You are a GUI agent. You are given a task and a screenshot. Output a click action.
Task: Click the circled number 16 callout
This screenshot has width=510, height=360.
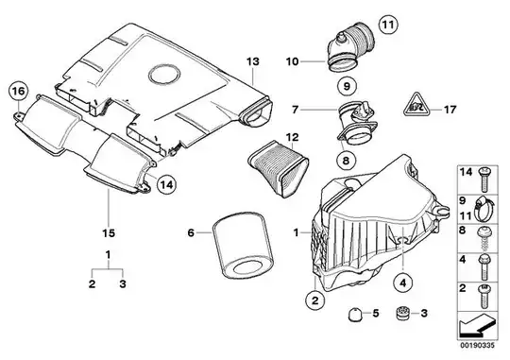tap(19, 92)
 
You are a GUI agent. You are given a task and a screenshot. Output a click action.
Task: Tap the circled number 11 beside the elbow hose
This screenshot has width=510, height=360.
tap(388, 25)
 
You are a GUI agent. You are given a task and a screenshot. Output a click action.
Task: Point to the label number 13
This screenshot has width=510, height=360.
tap(253, 61)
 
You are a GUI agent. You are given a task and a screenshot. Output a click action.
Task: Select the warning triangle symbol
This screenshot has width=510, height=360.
tap(416, 105)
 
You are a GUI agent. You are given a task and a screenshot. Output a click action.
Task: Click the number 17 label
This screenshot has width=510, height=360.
tap(450, 110)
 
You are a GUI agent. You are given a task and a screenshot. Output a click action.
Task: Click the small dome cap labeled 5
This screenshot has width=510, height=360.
tap(354, 314)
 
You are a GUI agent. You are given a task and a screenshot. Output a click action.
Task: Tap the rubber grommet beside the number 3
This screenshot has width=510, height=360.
tap(403, 314)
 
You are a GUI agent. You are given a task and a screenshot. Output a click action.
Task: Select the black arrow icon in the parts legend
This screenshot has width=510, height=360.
tap(478, 324)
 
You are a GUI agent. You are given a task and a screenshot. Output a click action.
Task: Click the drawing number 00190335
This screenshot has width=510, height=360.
tap(477, 345)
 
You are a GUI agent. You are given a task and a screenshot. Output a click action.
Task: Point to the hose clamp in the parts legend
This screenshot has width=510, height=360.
tap(484, 208)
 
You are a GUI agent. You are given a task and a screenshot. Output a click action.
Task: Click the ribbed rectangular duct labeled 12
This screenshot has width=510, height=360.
tap(278, 169)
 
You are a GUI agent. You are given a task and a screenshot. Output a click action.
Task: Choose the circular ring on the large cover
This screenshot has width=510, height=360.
tap(164, 75)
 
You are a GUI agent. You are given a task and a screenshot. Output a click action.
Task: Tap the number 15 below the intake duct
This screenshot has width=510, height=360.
tap(109, 233)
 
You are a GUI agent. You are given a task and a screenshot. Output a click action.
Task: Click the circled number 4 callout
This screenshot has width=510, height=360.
tap(403, 283)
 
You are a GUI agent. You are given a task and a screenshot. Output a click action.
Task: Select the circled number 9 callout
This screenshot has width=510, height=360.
tap(347, 86)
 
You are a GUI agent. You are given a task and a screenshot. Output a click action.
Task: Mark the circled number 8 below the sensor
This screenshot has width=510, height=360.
tap(346, 160)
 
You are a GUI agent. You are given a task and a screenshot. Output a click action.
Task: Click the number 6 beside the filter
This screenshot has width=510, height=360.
tap(191, 232)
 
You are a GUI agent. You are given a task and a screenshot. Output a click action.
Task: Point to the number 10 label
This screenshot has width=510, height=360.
tap(292, 61)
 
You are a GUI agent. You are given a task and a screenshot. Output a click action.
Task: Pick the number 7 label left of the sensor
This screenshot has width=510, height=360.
tap(295, 110)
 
